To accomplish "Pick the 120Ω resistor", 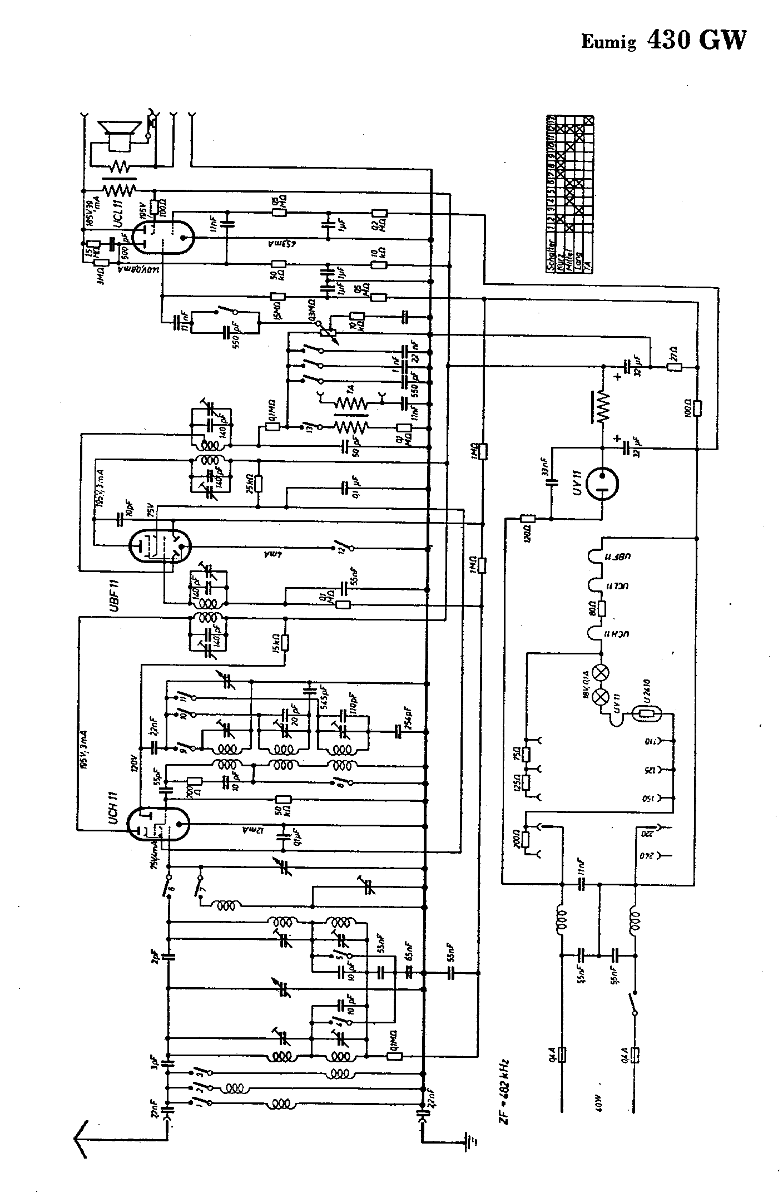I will pos(527,519).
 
